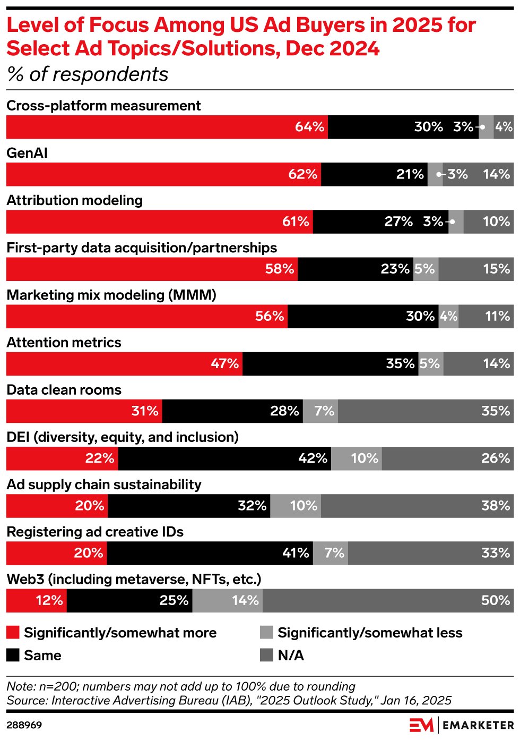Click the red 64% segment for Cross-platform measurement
[167, 127]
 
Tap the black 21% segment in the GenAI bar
[374, 174]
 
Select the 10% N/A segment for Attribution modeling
[488, 222]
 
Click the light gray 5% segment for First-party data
[426, 269]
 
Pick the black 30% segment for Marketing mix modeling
[363, 316]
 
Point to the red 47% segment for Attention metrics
[124, 363]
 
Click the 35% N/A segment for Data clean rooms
[426, 411]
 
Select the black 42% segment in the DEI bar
[224, 458]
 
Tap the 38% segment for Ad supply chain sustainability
[417, 505]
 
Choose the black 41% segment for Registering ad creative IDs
[210, 552]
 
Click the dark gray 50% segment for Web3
[388, 600]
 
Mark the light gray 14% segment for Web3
[227, 600]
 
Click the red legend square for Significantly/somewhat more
[13, 632]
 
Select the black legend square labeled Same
[13, 655]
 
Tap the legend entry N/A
[290, 655]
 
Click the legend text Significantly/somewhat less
[370, 633]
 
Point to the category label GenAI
[27, 153]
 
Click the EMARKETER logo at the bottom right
[461, 725]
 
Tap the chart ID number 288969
[24, 725]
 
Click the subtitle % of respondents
[88, 74]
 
